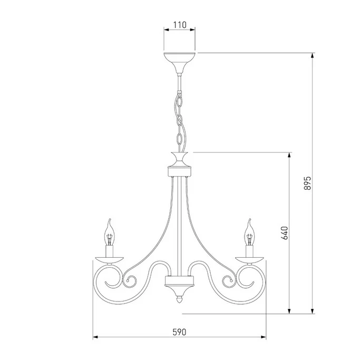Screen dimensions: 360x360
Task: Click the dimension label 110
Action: click(x=180, y=25)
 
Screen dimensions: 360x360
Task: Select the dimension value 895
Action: click(x=307, y=183)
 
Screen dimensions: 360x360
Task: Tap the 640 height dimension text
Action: click(x=285, y=233)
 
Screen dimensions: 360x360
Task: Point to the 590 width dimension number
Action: click(x=179, y=332)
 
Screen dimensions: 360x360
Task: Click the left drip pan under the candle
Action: click(x=110, y=260)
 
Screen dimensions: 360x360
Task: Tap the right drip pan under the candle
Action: click(x=249, y=260)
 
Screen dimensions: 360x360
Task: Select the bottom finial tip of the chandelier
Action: click(x=179, y=300)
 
